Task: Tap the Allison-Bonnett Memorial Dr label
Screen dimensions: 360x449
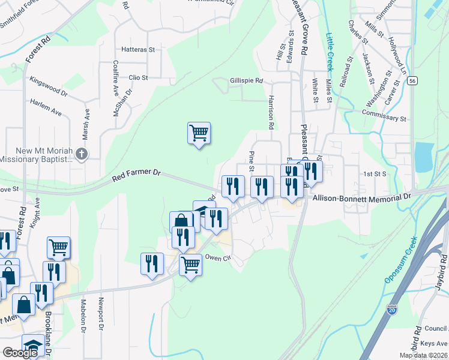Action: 360,196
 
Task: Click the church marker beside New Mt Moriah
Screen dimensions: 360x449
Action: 82,154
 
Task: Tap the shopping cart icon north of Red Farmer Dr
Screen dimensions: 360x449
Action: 199,133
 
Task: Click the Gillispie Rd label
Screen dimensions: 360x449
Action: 246,80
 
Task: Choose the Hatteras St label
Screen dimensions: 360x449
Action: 138,49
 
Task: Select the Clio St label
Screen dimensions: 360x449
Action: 138,77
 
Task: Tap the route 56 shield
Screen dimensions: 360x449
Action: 411,81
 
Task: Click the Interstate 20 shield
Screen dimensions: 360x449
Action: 392,310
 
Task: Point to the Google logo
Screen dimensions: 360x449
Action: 20,353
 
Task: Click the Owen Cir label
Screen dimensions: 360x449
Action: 218,258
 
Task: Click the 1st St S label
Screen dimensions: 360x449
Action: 375,173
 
